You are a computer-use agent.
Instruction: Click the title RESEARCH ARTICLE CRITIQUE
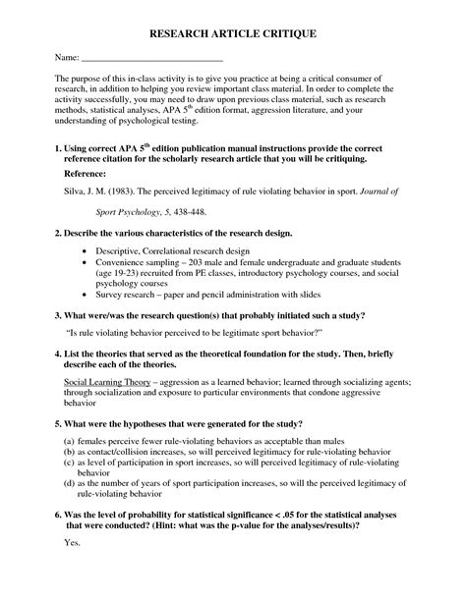(x=232, y=33)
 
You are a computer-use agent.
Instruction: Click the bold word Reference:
(x=87, y=172)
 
